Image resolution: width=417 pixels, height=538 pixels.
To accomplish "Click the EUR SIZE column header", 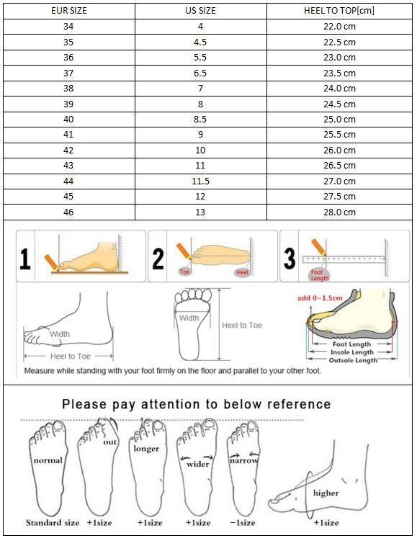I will point(68,11).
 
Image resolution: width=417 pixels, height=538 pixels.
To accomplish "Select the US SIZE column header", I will point(201,11).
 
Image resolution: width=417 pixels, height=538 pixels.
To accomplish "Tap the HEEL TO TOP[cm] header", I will point(338,11).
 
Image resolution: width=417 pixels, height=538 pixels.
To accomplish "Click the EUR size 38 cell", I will point(68,89).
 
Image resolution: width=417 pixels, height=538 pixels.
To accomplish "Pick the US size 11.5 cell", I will point(201,181).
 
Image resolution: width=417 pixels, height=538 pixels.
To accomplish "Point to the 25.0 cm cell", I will point(338,119).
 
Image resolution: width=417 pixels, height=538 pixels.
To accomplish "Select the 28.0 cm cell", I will point(338,212).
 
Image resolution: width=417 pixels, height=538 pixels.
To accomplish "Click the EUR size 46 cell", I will point(68,212).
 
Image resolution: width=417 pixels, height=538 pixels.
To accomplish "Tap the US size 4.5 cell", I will point(201,42).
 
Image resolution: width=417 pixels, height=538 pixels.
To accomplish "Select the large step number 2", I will point(158,258).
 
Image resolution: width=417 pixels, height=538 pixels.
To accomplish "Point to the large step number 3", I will point(290,258).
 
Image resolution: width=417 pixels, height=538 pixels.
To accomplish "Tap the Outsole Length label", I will point(353,360).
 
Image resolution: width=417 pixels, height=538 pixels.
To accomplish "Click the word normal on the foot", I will point(48,459).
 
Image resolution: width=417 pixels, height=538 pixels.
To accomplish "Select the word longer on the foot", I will point(146,449).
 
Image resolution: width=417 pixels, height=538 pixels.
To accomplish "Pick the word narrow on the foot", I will point(244,459).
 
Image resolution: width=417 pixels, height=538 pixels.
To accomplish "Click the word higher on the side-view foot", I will point(326,493).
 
